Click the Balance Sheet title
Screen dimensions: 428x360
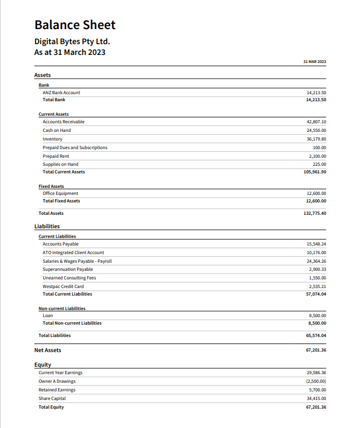(75, 25)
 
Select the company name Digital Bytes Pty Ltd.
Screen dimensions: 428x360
(72, 41)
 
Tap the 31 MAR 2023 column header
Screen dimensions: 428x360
(315, 62)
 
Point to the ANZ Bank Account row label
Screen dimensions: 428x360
(61, 93)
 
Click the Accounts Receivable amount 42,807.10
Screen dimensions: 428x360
(316, 122)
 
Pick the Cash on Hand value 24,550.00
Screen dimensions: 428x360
(316, 130)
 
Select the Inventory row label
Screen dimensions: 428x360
(52, 139)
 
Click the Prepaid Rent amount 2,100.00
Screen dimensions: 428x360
(318, 156)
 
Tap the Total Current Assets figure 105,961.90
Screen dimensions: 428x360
(315, 172)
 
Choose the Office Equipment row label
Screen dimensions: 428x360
(60, 193)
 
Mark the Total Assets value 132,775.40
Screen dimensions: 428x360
(315, 213)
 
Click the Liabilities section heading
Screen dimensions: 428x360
(47, 227)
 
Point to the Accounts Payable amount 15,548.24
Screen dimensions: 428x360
(316, 244)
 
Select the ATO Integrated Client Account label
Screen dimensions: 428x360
(73, 252)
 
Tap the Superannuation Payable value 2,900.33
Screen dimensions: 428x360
(318, 269)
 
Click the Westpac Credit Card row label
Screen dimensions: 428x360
(63, 286)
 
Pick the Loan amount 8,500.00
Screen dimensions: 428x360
(318, 315)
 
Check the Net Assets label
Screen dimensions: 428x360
(48, 350)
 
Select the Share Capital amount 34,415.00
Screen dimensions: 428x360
(316, 398)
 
